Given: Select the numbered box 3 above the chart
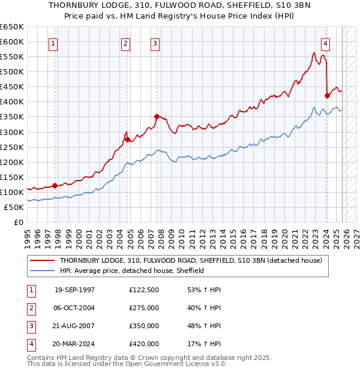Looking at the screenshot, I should [155, 43].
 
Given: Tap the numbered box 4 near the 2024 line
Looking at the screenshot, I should [325, 43].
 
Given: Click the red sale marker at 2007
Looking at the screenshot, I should [156, 116].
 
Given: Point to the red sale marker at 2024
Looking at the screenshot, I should [327, 95].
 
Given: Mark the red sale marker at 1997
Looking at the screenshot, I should [55, 185].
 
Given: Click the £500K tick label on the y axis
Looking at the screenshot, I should [12, 71].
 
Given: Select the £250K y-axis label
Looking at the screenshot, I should [12, 147].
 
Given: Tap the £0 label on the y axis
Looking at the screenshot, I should [18, 222].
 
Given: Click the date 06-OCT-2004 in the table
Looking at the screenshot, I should [74, 308].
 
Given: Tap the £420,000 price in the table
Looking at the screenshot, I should [144, 344].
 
